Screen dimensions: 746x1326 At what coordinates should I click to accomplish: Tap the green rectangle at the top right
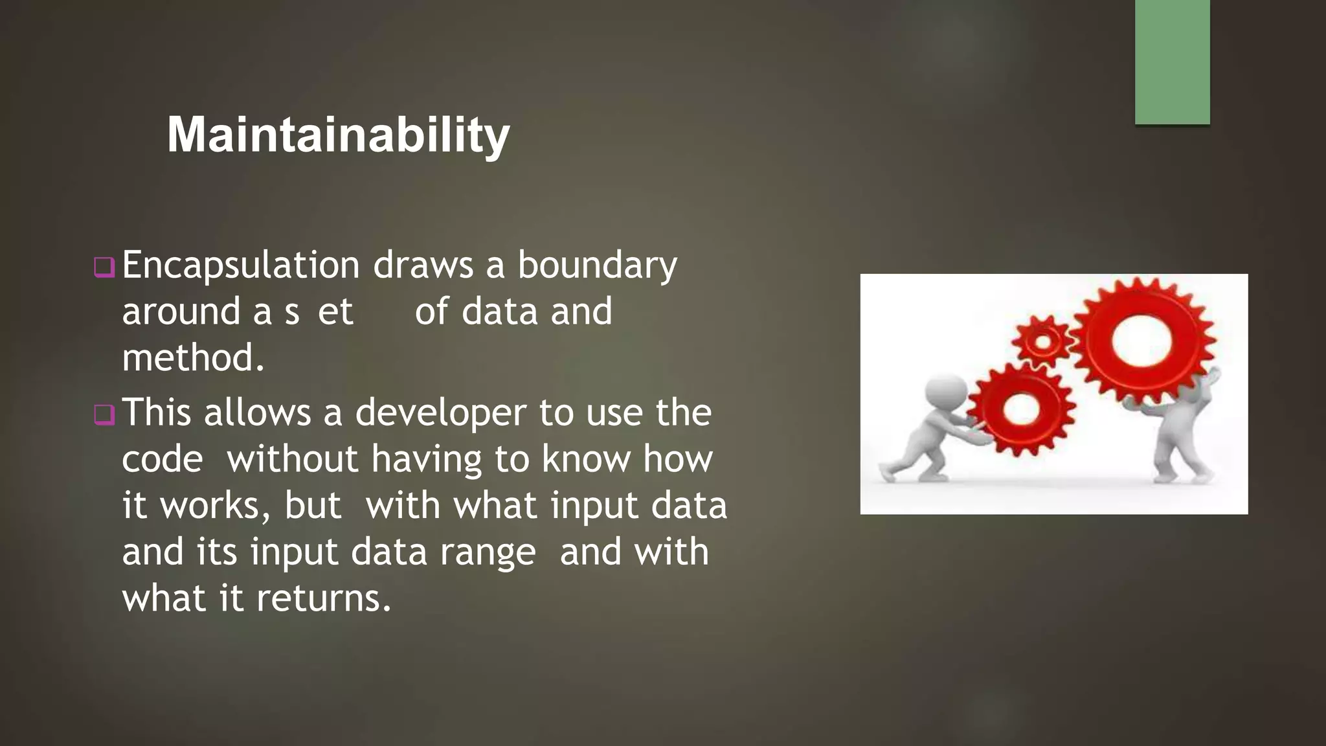click(1172, 62)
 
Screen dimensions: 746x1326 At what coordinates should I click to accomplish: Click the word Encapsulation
click(240, 266)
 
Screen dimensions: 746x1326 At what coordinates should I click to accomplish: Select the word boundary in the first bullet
click(597, 266)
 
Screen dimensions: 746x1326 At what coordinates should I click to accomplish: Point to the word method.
click(193, 358)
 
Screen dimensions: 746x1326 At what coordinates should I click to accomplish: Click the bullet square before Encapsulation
click(104, 267)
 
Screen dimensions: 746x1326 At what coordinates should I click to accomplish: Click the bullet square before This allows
click(104, 414)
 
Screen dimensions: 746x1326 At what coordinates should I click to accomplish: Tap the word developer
click(440, 413)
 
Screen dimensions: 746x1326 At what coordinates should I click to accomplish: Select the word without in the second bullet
click(291, 459)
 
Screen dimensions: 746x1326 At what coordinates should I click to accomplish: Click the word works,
click(216, 506)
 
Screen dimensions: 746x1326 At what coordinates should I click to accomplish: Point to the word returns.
click(323, 598)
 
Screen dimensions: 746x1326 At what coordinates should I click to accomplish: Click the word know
click(585, 459)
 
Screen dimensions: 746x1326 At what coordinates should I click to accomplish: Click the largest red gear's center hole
click(1142, 340)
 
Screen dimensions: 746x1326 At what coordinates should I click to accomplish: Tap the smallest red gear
click(1042, 341)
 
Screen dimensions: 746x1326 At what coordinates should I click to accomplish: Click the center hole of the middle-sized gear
click(1021, 408)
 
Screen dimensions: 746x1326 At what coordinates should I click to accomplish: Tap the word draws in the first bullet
click(423, 266)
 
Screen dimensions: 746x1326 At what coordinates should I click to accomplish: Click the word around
click(181, 312)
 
